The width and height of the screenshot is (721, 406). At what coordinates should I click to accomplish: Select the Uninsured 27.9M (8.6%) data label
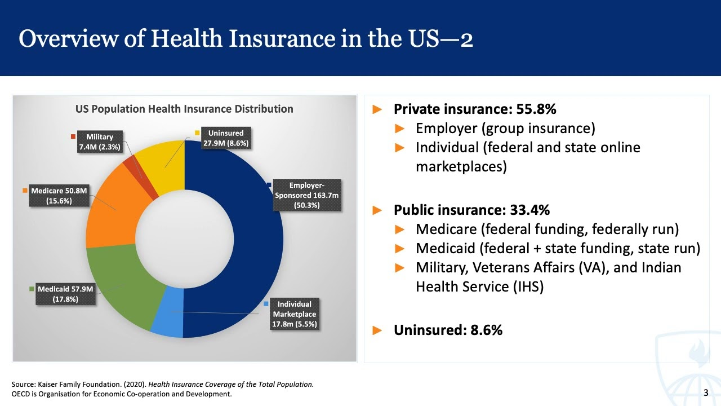pyautogui.click(x=226, y=138)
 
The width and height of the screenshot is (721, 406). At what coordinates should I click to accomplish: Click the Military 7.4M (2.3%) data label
pyautogui.click(x=100, y=142)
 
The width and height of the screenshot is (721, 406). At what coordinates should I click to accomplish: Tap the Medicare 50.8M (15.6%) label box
pyautogui.click(x=59, y=196)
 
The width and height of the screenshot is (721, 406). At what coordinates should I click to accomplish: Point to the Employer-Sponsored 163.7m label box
pyautogui.click(x=306, y=195)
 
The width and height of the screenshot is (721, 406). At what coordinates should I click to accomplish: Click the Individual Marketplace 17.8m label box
pyautogui.click(x=295, y=314)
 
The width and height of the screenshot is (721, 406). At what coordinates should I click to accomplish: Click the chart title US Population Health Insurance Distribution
pyautogui.click(x=184, y=109)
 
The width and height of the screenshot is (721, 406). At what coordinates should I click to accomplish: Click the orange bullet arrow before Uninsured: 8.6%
pyautogui.click(x=377, y=330)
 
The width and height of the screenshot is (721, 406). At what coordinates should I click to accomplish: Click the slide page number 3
pyautogui.click(x=706, y=392)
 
